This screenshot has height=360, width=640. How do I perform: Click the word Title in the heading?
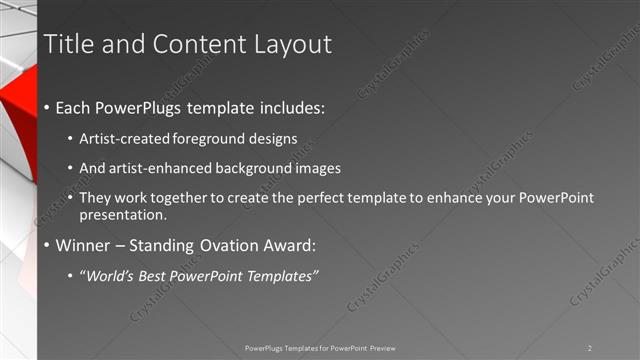tap(71, 44)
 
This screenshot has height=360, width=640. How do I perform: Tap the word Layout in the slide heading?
tap(290, 44)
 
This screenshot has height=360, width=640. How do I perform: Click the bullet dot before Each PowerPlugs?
tap(48, 108)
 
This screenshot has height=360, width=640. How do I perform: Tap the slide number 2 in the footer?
tap(590, 348)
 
